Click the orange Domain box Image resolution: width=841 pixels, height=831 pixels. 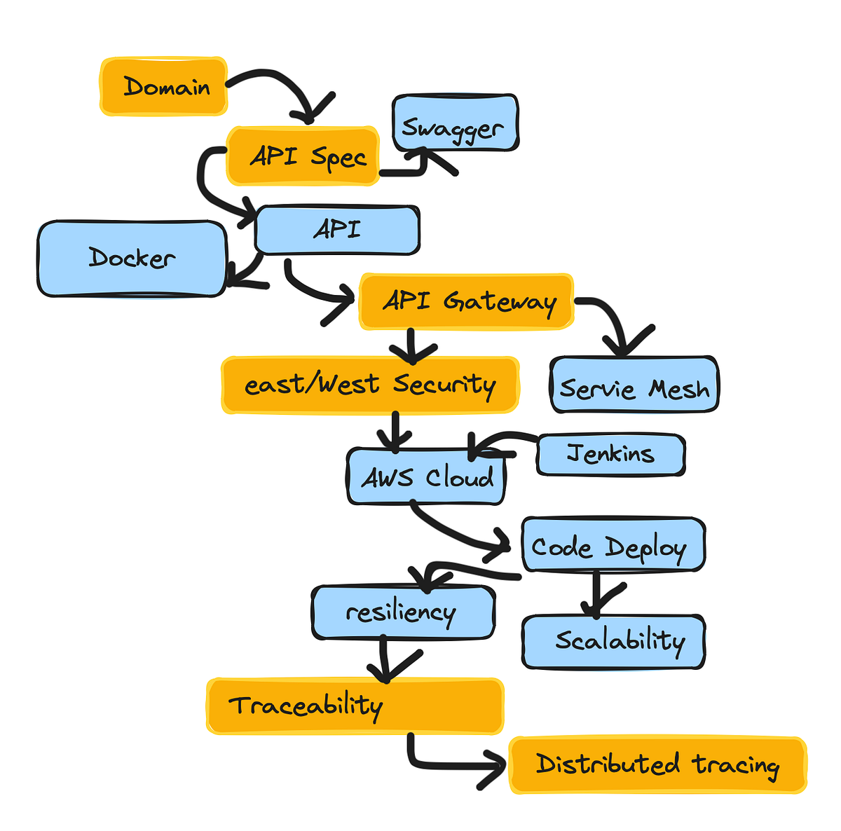[x=163, y=86]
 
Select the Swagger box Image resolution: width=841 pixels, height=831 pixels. [x=455, y=124]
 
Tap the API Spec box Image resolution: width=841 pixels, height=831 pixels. [x=303, y=156]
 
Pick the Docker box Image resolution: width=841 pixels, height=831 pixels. [x=132, y=259]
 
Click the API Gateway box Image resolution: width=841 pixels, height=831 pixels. [x=466, y=302]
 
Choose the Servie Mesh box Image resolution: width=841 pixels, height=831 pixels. [x=634, y=386]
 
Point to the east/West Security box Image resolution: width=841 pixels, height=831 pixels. [x=370, y=385]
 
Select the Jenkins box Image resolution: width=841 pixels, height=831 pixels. [x=610, y=455]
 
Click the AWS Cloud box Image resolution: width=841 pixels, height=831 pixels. [x=426, y=477]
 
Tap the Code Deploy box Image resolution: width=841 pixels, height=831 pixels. [x=613, y=545]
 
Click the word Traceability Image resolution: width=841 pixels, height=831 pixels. [x=306, y=706]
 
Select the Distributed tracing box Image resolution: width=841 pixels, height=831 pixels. [x=657, y=764]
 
